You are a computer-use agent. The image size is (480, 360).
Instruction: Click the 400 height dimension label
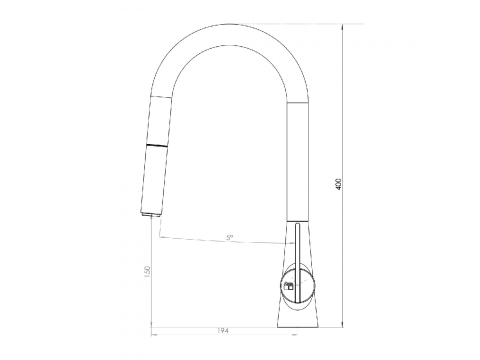coord(339,184)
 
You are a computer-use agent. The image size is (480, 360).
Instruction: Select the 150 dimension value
coord(147,271)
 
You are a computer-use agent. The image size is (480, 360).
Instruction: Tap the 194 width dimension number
coord(223,331)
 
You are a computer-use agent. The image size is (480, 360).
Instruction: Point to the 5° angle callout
coord(230,238)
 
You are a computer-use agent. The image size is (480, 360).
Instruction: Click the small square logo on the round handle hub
coord(289,286)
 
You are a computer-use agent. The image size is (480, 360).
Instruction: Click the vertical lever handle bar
coord(297,262)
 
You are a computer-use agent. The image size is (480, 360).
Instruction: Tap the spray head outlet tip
coord(151,215)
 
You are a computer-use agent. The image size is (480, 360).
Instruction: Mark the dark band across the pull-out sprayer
coord(157,146)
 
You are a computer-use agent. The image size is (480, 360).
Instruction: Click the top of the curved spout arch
coord(229,24)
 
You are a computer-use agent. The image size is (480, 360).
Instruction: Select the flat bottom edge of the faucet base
coord(298,327)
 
